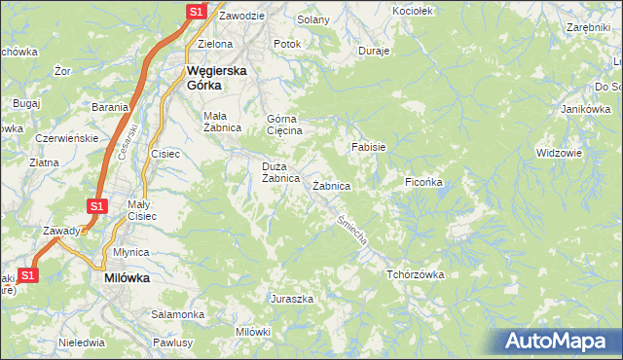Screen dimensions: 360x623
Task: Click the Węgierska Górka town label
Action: tap(217, 78)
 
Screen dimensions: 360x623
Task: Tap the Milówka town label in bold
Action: tap(127, 277)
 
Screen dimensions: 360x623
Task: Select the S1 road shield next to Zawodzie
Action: tap(196, 12)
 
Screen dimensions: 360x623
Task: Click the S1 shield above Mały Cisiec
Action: tap(96, 206)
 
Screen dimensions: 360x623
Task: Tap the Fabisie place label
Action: tap(369, 147)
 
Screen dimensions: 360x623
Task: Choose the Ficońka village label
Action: tap(424, 182)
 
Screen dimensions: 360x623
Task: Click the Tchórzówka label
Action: tap(415, 274)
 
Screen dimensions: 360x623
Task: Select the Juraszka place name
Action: tap(292, 299)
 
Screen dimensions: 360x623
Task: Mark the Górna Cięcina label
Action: tap(285, 125)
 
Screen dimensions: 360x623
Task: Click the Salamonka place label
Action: tap(177, 315)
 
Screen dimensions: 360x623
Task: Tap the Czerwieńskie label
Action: tap(66, 138)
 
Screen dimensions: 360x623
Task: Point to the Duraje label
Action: tap(374, 50)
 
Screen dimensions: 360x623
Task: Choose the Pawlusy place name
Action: tap(174, 342)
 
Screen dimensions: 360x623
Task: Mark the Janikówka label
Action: tap(578, 109)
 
